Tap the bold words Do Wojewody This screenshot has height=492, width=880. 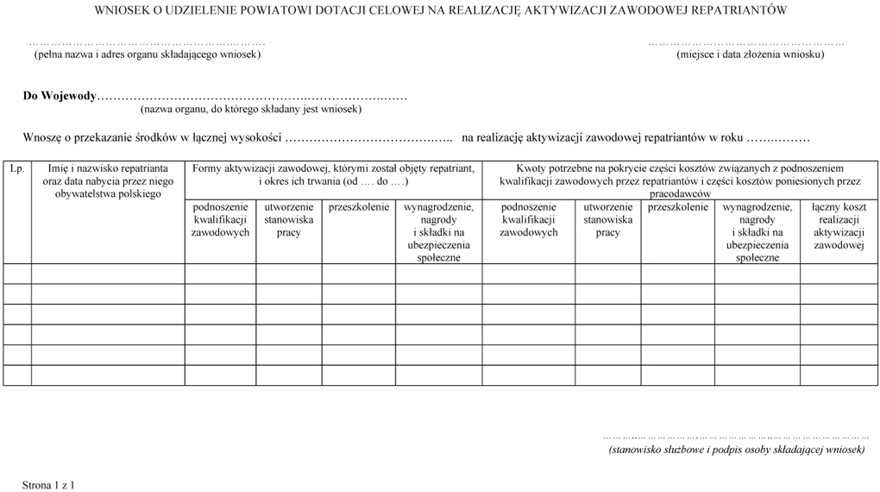click(x=60, y=96)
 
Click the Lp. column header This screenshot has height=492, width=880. click(x=17, y=169)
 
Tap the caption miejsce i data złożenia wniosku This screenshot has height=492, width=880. click(x=750, y=54)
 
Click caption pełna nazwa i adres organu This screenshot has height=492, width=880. click(x=147, y=54)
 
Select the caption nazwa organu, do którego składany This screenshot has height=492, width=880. click(x=251, y=110)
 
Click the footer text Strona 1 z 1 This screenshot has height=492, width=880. click(x=49, y=486)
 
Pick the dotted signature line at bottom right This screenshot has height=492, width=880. click(x=735, y=438)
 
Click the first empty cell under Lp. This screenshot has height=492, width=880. click(x=17, y=274)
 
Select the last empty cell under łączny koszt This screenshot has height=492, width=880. click(x=838, y=375)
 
